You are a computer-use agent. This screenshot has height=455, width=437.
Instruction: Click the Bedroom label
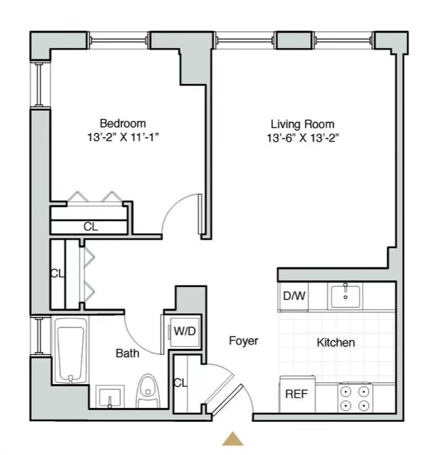[123, 123]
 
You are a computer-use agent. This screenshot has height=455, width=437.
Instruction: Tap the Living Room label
[302, 124]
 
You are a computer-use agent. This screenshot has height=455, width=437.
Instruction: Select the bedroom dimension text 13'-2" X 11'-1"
[124, 137]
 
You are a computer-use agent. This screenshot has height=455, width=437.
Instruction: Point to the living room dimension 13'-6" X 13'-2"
[303, 138]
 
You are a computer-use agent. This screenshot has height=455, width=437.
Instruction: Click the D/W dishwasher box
[293, 296]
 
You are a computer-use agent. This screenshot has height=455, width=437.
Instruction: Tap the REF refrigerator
[297, 394]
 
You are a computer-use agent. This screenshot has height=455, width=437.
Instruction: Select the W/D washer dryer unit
[185, 331]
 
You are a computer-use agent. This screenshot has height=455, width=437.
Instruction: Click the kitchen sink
[345, 296]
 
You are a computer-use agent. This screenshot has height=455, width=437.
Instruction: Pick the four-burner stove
[355, 398]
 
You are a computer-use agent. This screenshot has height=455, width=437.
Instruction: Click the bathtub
[70, 350]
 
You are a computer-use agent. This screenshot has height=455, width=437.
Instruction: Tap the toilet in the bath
[148, 391]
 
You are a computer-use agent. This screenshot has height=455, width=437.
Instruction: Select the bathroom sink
[110, 397]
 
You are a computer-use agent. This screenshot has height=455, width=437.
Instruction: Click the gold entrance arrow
[233, 439]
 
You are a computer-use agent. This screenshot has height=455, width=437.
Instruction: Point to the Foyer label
[244, 340]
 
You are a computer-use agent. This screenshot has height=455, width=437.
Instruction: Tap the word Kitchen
[336, 342]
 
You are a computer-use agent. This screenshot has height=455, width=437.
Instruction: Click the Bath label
[127, 353]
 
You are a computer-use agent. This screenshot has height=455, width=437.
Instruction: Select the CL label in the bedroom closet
[91, 227]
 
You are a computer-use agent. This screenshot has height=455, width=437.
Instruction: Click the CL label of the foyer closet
[180, 383]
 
